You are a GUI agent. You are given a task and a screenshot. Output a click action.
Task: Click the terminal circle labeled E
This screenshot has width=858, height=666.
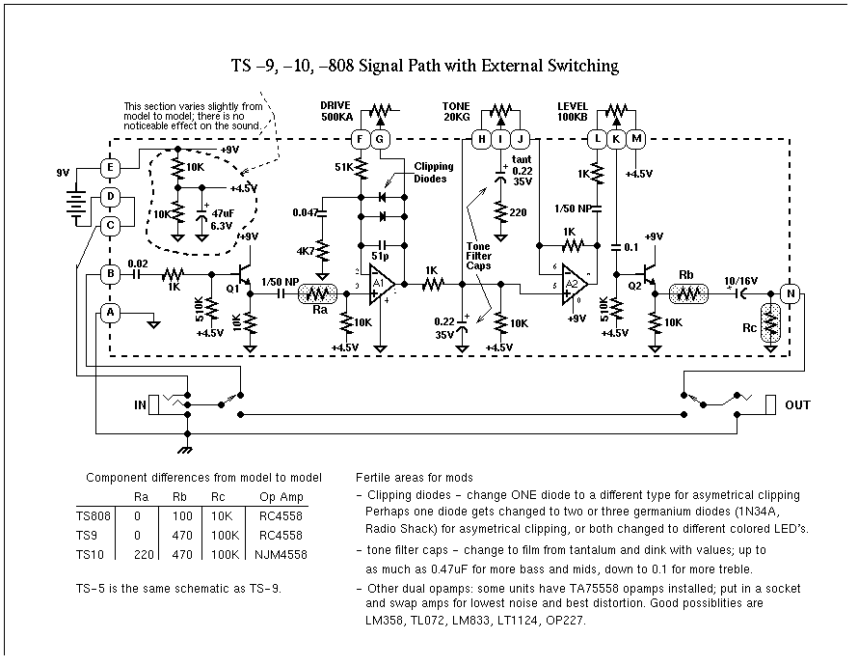pos(110,168)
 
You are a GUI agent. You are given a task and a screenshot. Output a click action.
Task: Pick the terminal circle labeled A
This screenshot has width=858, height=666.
pos(110,313)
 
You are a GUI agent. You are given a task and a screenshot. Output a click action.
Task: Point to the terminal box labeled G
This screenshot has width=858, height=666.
pos(379,139)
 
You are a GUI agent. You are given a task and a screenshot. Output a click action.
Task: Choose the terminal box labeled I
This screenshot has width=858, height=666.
pos(501,139)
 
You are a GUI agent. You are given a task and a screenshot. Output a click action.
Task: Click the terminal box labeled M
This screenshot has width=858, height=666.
pos(636,139)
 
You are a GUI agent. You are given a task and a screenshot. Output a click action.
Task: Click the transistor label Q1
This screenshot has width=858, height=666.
pos(232,288)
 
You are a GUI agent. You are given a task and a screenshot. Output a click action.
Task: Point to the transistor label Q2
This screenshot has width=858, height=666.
pos(635,285)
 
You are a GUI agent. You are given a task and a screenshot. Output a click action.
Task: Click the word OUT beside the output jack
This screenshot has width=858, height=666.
pos(797,405)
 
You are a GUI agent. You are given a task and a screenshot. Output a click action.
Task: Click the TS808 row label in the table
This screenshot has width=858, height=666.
pos(94,516)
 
